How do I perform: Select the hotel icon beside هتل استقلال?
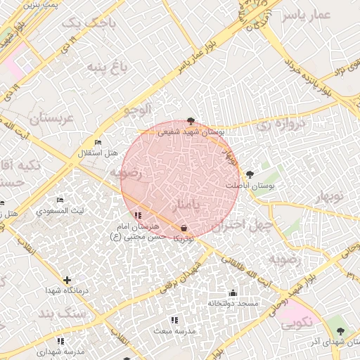tap(98, 141)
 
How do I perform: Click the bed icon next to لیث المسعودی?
tap(59, 200)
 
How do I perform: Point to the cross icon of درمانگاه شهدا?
tap(67, 280)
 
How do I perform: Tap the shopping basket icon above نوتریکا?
tap(184, 229)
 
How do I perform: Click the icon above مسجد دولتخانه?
tap(233, 292)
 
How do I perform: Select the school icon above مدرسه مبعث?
tap(174, 320)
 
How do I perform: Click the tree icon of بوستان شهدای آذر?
tap(341, 330)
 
